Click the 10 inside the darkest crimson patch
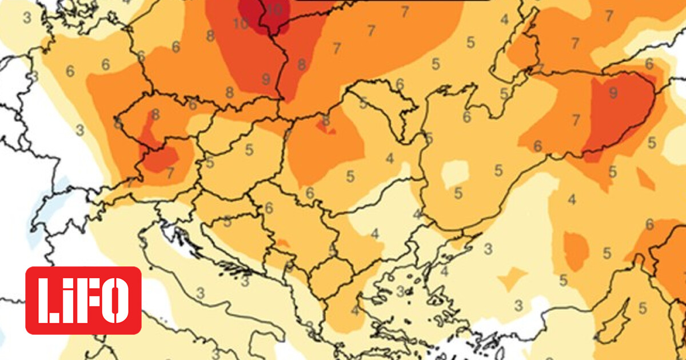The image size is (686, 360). click(275, 9)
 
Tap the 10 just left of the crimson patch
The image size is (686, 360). click(241, 23)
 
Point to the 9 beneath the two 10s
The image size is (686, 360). click(265, 79)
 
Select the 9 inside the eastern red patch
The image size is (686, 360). click(613, 92)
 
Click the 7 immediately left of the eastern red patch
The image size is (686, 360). click(576, 119)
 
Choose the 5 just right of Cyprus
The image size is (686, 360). click(643, 307)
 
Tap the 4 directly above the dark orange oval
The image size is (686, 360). click(572, 199)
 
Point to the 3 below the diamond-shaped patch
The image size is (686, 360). click(519, 304)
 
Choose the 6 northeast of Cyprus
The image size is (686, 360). click(649, 225)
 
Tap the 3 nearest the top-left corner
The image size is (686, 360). click(27, 17)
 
